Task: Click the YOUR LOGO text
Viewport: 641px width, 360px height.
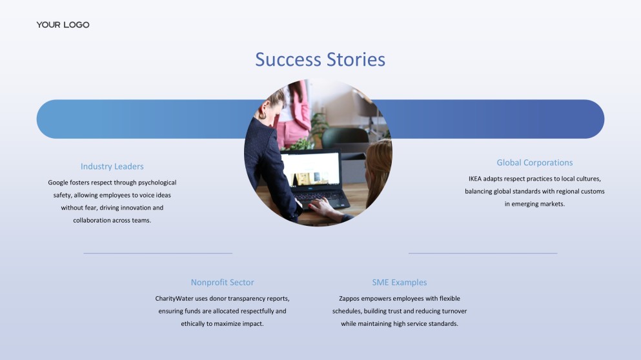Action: pos(63,25)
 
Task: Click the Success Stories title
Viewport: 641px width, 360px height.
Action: pos(320,59)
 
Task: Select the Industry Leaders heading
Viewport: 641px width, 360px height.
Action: pos(112,166)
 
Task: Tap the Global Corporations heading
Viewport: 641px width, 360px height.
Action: pos(534,163)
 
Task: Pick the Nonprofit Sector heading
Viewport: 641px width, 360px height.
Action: pos(223,283)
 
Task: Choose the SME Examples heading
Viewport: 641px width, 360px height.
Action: pos(400,283)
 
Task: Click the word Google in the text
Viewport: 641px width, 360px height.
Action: pos(58,183)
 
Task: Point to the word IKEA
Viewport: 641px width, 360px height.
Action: pos(475,179)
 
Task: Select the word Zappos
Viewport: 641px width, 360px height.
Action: pos(349,298)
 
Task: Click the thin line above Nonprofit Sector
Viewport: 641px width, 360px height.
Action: pos(158,253)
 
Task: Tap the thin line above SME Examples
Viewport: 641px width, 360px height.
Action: pos(483,253)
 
